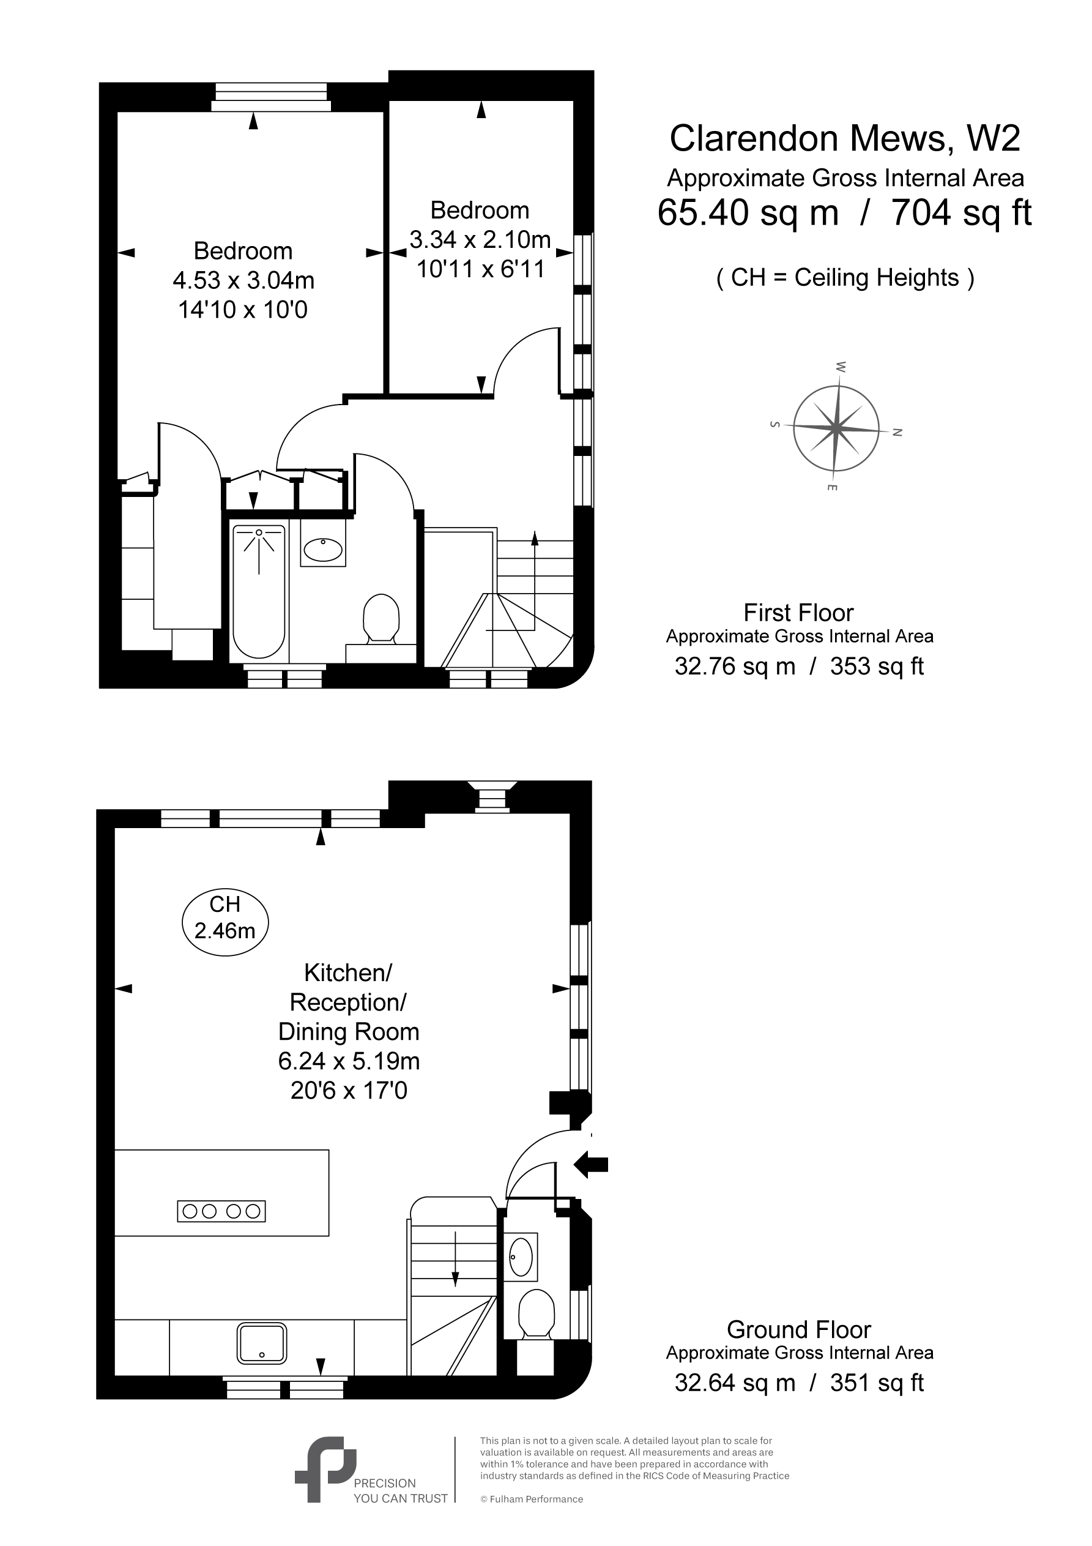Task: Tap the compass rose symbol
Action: coord(836,428)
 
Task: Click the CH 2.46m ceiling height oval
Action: coord(225,922)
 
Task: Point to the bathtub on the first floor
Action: coord(259,591)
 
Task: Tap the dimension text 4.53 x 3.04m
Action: coord(243,280)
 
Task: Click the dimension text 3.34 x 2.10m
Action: coord(480,240)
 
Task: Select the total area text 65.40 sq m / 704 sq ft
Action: coord(844,213)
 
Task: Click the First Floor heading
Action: coord(798,613)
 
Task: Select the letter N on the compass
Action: coord(897,432)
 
